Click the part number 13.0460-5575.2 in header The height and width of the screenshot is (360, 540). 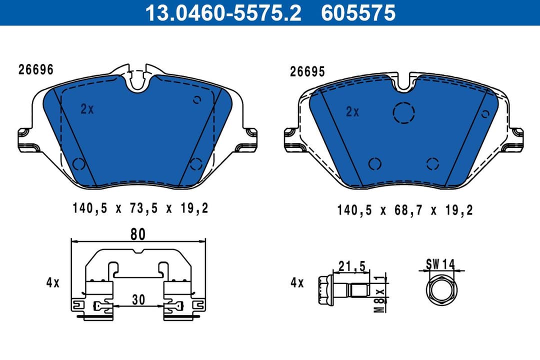(223, 13)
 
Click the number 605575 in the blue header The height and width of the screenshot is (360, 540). (358, 13)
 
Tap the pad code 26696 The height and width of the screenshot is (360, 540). (36, 70)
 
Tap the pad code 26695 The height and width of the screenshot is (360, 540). (307, 72)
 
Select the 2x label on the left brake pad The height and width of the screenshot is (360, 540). (87, 109)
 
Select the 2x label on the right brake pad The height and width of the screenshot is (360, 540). (352, 112)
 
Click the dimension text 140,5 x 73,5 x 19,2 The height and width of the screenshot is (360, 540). (140, 208)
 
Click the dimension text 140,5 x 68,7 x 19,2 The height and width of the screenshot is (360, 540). (405, 210)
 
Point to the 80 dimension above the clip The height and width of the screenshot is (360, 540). (138, 233)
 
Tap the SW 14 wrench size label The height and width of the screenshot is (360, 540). (440, 263)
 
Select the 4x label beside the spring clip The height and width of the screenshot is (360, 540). (53, 283)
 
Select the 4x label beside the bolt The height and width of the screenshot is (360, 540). (297, 283)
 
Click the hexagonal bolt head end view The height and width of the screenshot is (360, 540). (440, 289)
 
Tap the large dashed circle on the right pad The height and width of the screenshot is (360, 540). (404, 113)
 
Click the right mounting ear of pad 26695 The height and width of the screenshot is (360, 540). (518, 138)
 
